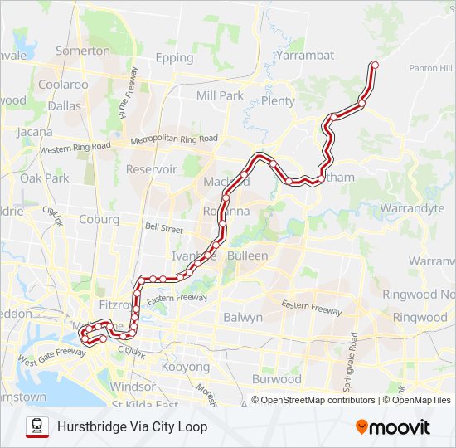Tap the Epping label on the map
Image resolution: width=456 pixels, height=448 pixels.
pos(174,58)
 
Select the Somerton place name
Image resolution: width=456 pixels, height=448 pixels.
pos(82,51)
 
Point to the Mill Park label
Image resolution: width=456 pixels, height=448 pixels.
pos(220,95)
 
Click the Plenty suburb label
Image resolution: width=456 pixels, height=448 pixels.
pos(278,101)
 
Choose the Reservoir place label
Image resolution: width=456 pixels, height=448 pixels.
pos(151,169)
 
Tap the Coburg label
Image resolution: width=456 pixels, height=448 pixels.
pos(99,219)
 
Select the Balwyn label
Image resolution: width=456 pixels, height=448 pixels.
pos(243,317)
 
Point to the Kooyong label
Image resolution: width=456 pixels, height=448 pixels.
pos(186,367)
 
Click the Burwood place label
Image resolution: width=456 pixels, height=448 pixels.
pos(277,379)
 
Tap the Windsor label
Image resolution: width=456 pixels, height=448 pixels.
pos(133,387)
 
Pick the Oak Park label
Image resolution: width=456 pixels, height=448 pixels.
pos(45,178)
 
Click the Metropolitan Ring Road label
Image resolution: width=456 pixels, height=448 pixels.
pos(174,139)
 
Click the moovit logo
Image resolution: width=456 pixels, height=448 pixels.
pos(393,427)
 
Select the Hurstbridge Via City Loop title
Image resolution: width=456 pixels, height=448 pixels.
pos(133,426)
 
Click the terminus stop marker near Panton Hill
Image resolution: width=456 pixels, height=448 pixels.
pos(374,64)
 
